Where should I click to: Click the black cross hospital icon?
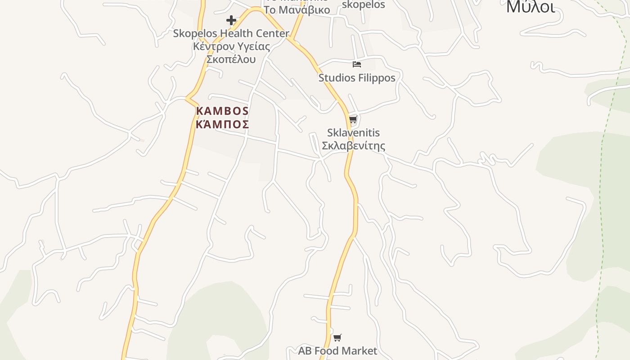click(231, 20)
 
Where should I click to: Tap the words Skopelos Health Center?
click(231, 33)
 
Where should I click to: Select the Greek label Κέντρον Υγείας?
click(231, 46)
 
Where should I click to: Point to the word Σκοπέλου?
click(231, 59)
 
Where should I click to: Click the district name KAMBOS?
click(222, 111)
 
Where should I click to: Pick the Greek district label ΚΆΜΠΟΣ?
click(222, 124)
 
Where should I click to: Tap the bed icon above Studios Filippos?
click(357, 64)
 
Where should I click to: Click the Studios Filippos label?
click(357, 78)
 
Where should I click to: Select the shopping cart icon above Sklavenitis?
click(353, 120)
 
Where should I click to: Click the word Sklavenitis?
click(353, 133)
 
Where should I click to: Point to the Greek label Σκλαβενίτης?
click(353, 146)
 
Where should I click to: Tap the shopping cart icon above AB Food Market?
click(337, 337)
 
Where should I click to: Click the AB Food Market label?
click(337, 351)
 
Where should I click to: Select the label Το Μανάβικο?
click(297, 10)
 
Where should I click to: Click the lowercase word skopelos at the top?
click(364, 4)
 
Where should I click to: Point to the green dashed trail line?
click(601, 202)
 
